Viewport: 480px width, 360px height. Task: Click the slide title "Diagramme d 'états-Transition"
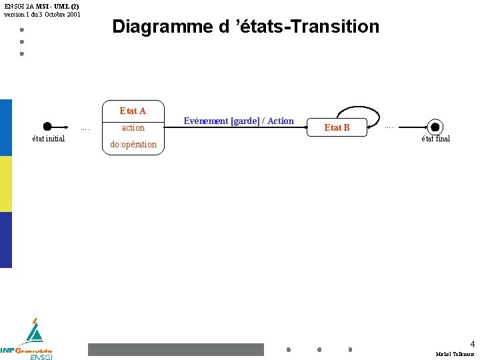click(x=245, y=27)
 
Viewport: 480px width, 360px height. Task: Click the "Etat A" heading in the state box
click(x=133, y=111)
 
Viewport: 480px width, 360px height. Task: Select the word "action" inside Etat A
click(x=133, y=127)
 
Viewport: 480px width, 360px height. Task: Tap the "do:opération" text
click(x=133, y=144)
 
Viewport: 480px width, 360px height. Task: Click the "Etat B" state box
click(x=337, y=127)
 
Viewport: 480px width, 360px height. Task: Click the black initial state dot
click(x=47, y=127)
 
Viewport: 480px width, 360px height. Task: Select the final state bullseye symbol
click(x=435, y=127)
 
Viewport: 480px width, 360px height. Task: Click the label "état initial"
click(x=49, y=139)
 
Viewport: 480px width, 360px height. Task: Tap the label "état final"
click(x=435, y=139)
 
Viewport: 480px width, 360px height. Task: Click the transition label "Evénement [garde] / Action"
click(x=239, y=121)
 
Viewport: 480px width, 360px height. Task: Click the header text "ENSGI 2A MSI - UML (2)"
click(x=41, y=6)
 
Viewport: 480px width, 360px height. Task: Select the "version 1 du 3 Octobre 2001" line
click(x=42, y=14)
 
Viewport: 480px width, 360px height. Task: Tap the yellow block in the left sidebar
click(x=6, y=184)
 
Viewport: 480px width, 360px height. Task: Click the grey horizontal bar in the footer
click(x=176, y=349)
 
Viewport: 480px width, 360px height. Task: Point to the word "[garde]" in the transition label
click(x=247, y=121)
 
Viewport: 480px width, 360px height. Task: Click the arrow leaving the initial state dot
click(x=61, y=127)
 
